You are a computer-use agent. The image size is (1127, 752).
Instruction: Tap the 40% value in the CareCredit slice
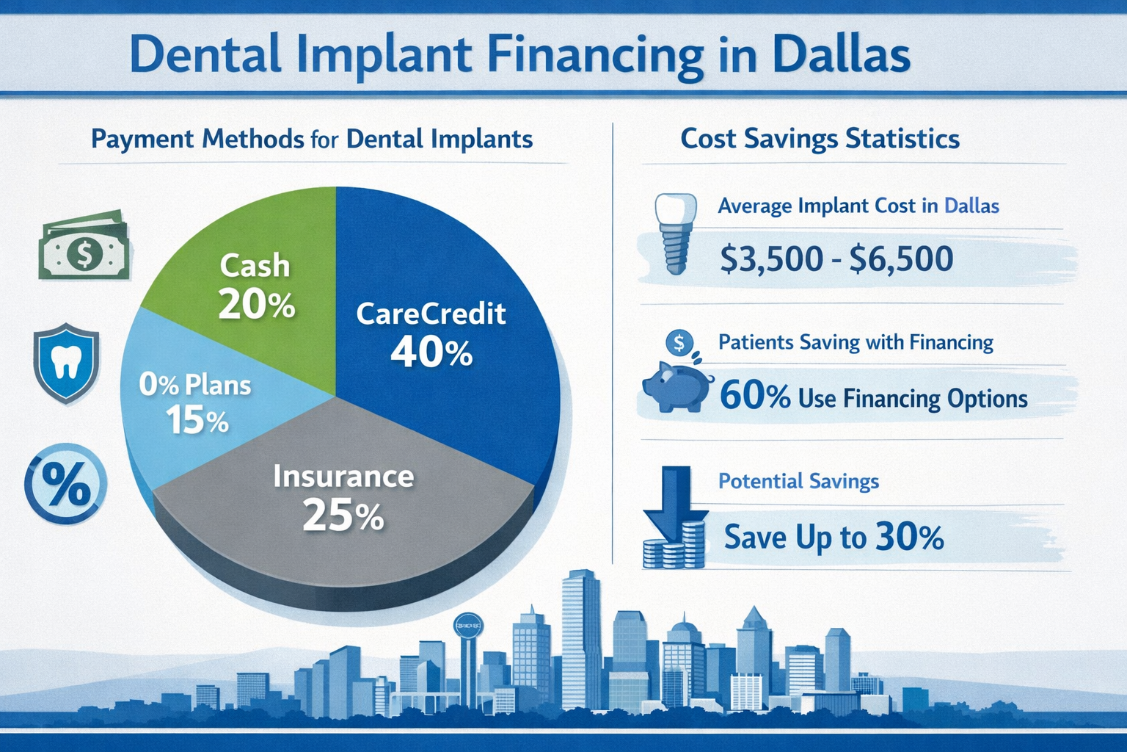pos(431,352)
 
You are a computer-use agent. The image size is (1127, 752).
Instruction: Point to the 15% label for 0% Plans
pos(197,421)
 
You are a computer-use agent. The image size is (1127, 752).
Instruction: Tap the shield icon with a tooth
pos(66,363)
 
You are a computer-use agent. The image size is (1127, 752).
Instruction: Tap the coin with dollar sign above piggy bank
pos(679,341)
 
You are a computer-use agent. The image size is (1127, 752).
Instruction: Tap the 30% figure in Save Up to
pos(910,538)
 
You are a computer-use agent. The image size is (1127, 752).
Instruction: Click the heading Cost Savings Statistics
pos(820,139)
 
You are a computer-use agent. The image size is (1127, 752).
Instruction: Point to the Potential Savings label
pos(798,481)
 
